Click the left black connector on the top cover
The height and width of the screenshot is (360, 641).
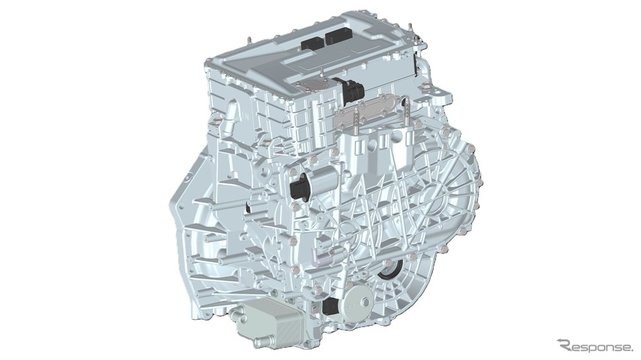pos(312,42)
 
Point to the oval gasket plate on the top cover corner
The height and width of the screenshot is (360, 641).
pos(313,84)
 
